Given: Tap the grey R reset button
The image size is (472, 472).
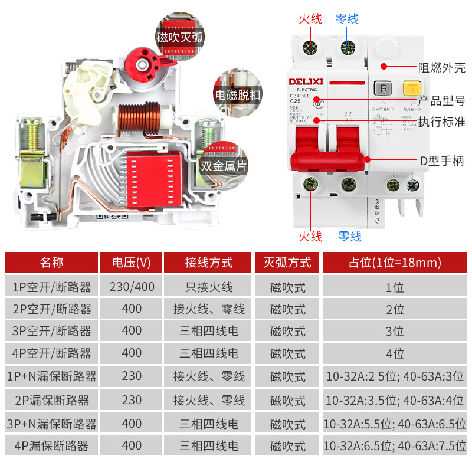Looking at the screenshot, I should (384, 89).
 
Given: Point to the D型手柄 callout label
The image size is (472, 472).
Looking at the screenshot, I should (442, 160).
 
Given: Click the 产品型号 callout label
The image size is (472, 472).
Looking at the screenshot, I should (442, 101).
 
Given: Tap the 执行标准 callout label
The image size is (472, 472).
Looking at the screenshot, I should (442, 122).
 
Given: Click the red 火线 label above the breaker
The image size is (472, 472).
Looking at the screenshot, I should (310, 19).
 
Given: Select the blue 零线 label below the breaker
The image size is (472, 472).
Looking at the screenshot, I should (349, 236).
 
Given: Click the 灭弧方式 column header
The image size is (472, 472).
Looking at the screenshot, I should (287, 262).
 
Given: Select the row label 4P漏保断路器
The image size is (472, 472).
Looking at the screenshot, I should (51, 446).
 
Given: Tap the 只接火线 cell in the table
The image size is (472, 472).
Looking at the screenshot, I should (209, 287).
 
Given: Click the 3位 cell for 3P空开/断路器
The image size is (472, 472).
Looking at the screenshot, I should (394, 331).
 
